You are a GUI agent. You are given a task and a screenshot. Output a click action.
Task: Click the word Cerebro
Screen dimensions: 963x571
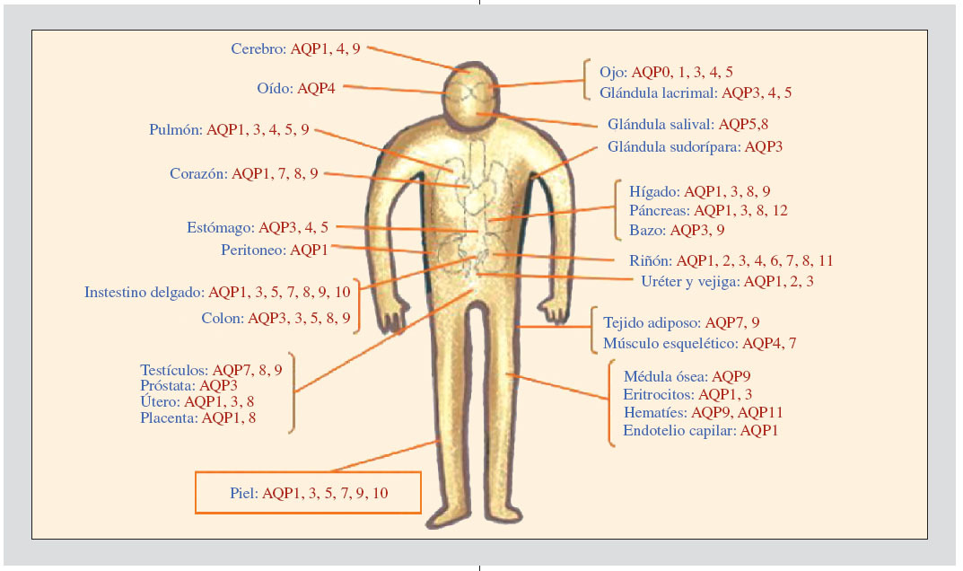pos(257,49)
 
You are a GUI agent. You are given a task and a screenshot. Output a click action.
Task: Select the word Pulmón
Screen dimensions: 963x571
pos(175,130)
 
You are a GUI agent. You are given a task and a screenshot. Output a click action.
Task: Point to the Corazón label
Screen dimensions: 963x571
pos(197,174)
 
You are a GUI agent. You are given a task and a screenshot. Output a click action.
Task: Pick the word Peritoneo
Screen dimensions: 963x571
pos(252,250)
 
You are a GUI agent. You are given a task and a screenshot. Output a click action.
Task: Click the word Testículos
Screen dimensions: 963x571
pos(173,370)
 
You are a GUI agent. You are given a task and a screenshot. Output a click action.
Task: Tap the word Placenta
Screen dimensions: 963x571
pos(167,417)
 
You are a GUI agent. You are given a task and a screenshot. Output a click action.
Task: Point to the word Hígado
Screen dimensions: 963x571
pos(653,191)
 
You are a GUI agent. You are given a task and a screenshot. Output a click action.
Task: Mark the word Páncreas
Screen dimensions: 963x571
pos(660,210)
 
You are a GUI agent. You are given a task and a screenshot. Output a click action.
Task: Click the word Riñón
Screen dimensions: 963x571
pos(650,261)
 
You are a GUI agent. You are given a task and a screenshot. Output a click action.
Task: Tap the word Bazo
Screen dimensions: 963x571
pos(645,230)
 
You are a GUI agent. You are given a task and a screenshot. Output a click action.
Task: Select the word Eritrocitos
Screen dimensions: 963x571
pos(657,394)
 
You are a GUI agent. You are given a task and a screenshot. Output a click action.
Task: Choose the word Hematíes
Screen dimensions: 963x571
pos(654,412)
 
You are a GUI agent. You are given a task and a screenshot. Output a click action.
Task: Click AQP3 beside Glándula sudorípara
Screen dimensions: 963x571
pos(763,146)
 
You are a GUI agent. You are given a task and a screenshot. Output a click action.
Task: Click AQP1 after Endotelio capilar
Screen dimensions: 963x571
pos(758,431)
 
